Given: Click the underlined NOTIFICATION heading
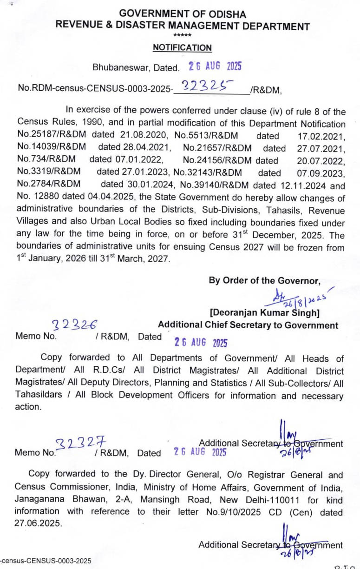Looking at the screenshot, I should tap(182, 48).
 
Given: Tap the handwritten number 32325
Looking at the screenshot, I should tap(206, 86).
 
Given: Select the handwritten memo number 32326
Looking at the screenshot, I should tap(75, 324).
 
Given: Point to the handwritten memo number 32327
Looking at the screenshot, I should tap(81, 445).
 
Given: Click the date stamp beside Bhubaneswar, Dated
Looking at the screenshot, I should tap(215, 66).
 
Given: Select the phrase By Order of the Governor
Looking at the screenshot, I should tap(265, 280).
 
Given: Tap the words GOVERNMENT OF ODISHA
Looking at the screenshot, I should tap(182, 14).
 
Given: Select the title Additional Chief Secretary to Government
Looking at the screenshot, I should tap(248, 325).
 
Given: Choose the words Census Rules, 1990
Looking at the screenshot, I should tap(54, 124).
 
